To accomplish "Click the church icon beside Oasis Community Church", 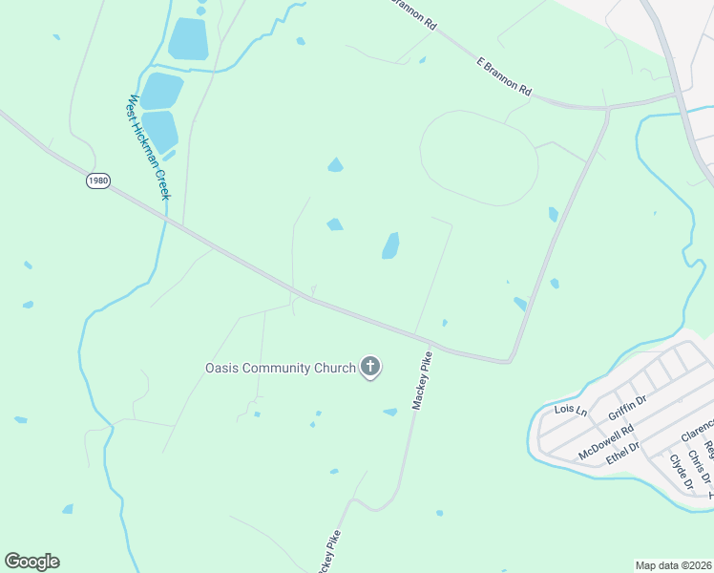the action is (x=370, y=367).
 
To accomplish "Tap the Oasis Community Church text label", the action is (x=280, y=368).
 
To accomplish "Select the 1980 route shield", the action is (x=97, y=180).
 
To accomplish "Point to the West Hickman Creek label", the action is (x=149, y=146).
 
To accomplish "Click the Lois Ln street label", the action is (x=571, y=411).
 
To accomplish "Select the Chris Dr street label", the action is (x=700, y=461).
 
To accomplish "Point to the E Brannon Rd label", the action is (x=503, y=74).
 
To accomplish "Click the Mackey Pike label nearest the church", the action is (x=422, y=380).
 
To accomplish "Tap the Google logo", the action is (x=31, y=562).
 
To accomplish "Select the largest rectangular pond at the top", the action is (x=188, y=39).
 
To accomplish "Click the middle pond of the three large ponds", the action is (x=161, y=91).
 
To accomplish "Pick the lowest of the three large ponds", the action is (x=160, y=132).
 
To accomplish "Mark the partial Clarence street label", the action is (x=699, y=426).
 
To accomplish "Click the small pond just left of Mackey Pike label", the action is (x=389, y=412).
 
